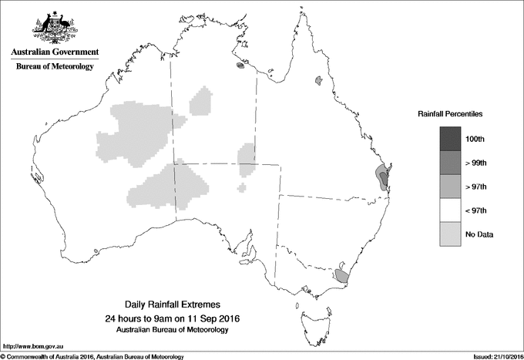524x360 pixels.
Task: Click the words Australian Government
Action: (55, 52)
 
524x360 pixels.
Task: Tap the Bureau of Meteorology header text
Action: (55, 67)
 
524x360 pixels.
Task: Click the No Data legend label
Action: (479, 234)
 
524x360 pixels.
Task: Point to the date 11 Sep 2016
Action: (207, 318)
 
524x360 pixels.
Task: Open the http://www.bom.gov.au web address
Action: (33, 345)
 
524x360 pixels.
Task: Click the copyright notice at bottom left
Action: (92, 356)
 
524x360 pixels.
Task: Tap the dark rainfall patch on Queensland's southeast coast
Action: (381, 177)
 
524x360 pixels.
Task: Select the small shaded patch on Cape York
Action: (317, 79)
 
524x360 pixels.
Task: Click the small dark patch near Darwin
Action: (241, 66)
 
